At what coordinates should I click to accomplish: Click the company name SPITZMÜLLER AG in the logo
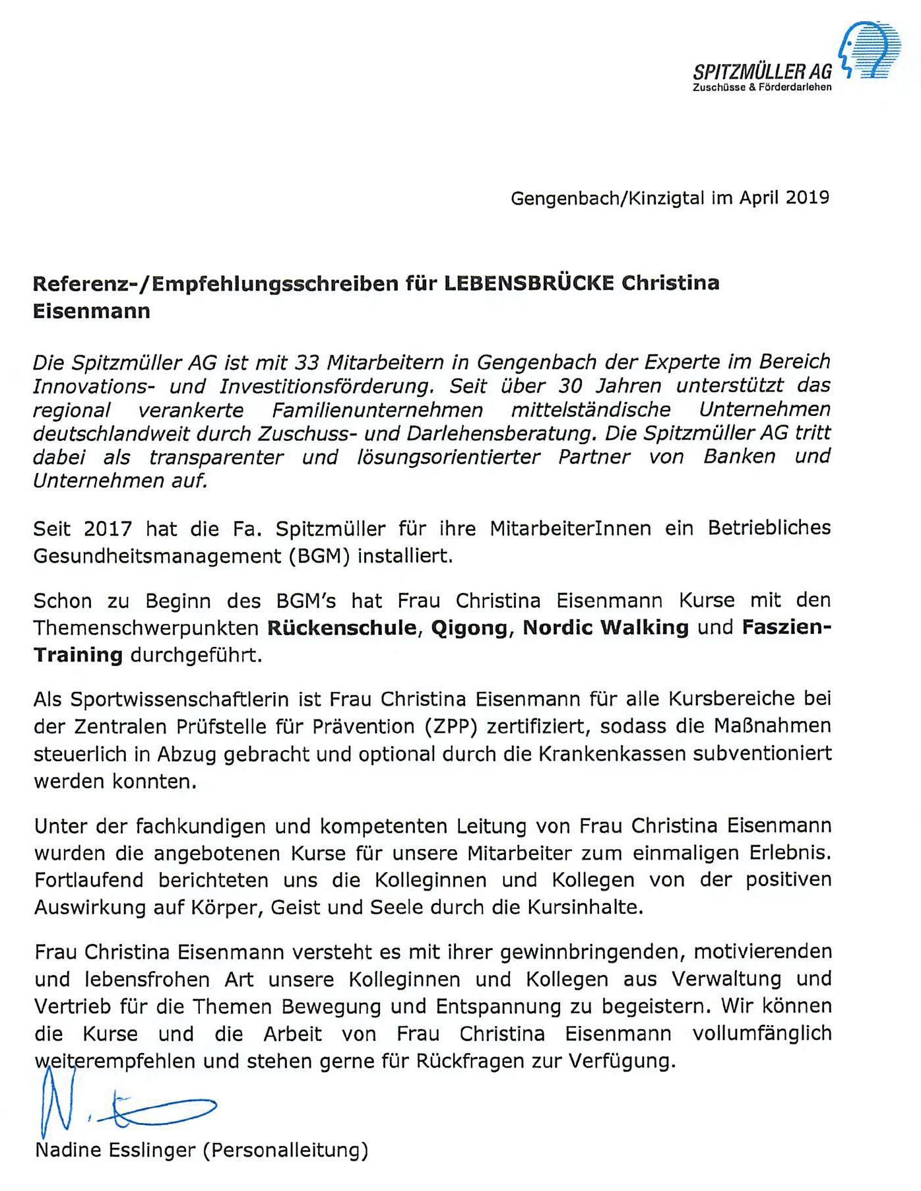pos(762,71)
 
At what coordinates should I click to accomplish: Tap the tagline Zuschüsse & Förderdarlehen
pos(762,87)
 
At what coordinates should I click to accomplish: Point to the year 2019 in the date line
pos(808,198)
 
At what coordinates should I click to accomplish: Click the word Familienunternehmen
pos(377,410)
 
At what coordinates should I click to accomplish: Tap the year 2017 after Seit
pos(108,529)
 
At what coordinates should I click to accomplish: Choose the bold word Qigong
pos(469,627)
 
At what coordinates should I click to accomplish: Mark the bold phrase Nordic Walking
pos(606,627)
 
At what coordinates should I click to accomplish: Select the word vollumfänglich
pos(762,1034)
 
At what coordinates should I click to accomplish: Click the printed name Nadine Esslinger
pos(115,1151)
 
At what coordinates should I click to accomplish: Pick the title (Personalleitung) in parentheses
pos(285,1151)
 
